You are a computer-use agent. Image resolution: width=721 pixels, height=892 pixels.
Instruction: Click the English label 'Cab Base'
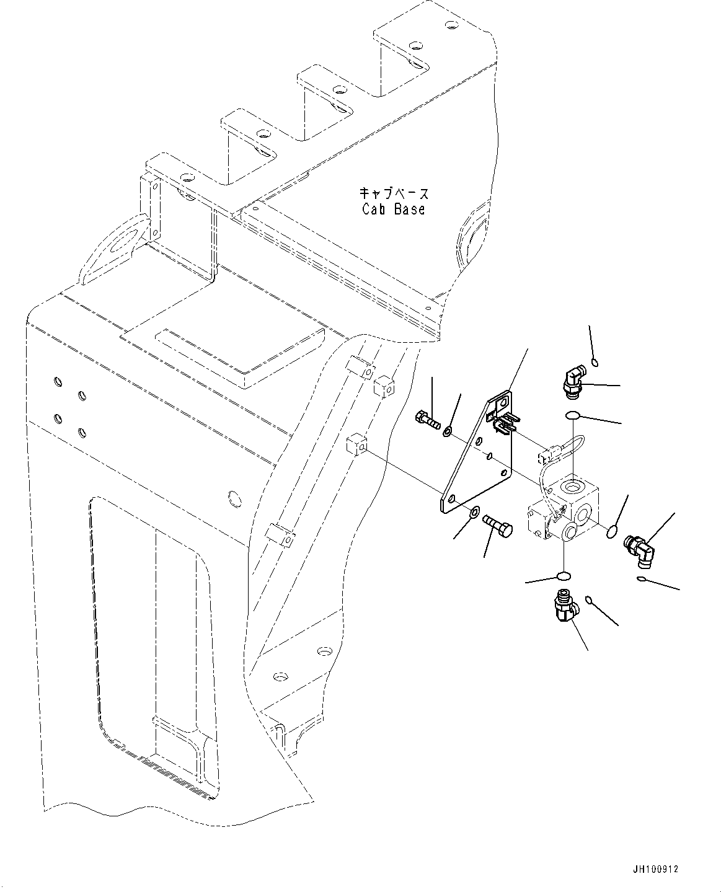394,209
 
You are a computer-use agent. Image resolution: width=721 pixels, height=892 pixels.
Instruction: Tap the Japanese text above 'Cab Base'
394,193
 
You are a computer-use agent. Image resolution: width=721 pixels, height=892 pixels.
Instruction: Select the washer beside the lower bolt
474,512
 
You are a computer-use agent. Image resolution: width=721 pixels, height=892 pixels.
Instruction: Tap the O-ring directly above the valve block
573,415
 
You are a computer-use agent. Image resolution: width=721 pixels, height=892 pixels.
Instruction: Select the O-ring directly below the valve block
563,576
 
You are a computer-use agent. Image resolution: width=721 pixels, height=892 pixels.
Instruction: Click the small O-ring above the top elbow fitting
595,363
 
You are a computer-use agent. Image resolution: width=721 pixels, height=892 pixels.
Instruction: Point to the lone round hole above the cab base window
234,497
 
